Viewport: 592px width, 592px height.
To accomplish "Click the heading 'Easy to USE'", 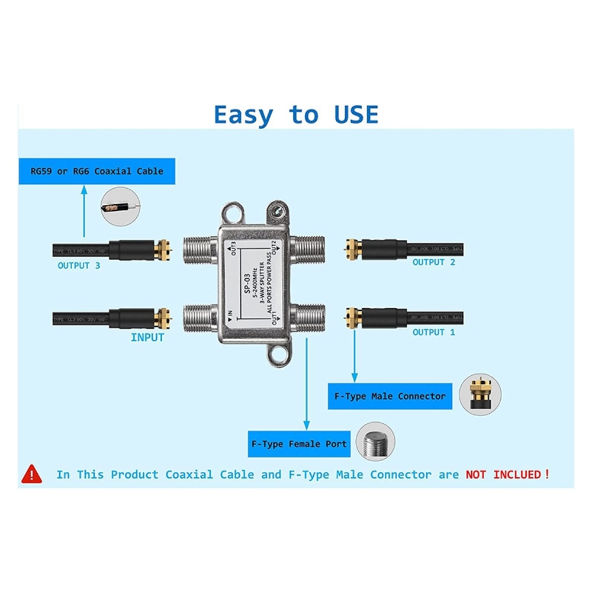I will point(295,114).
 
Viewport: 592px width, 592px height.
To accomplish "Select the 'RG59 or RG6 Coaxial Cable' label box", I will point(97,171).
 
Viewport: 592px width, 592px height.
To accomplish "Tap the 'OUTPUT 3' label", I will point(79,266).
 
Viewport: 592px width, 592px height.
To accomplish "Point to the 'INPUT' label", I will point(147,337).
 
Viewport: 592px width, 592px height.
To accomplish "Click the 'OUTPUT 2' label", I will point(434,262).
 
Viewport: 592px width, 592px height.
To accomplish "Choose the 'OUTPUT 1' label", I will point(434,332).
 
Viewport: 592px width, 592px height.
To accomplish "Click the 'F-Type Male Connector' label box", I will point(390,396).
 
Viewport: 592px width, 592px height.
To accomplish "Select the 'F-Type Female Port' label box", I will point(299,444).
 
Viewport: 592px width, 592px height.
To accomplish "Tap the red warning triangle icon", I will point(32,474).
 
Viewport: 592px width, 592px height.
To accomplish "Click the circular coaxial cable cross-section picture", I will point(120,207).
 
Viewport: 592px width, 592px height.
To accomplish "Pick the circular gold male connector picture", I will point(480,394).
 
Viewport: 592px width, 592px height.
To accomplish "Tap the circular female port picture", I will point(375,441).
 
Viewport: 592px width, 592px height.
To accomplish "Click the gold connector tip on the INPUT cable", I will point(163,318).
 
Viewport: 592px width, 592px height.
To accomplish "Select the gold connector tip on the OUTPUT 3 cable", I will point(163,250).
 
